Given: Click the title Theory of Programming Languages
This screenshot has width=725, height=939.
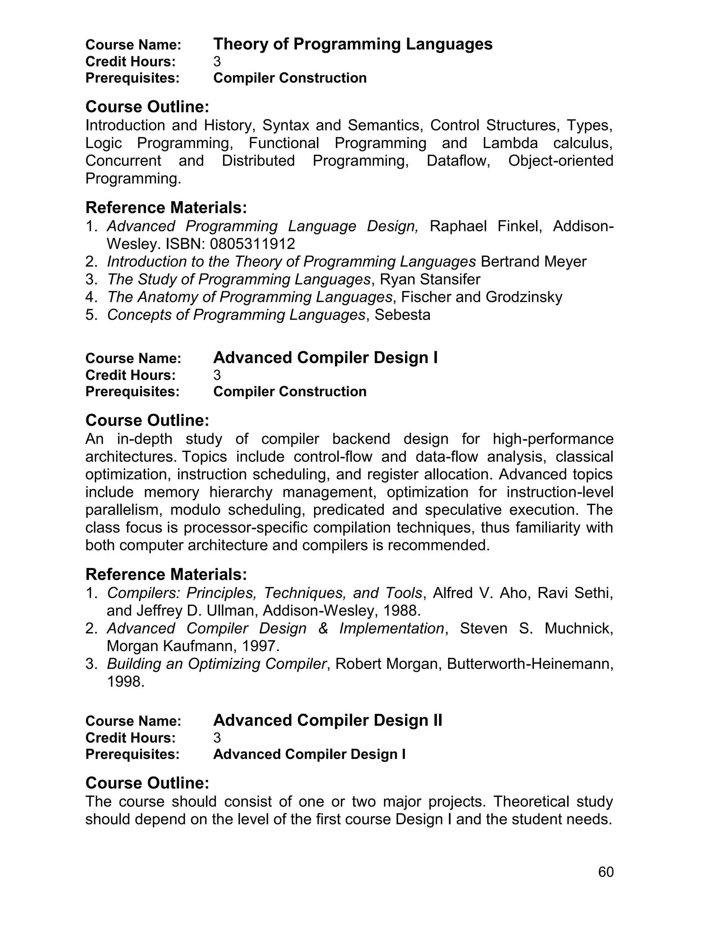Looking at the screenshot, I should coord(353,44).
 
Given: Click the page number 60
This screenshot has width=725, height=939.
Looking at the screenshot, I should coord(606,872).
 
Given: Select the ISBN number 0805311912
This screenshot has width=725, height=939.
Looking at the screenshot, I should coord(252,244).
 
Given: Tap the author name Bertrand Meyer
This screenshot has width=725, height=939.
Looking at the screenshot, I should coord(533,262).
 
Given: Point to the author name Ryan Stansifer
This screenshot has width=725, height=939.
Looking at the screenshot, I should coord(430,280).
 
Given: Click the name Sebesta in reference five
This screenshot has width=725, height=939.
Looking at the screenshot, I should coord(402,315).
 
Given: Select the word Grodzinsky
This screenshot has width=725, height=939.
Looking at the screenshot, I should coord(524,297).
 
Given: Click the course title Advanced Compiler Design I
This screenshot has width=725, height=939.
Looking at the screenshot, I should coord(325,358).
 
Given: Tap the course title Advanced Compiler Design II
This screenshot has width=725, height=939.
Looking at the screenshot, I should coord(327,720).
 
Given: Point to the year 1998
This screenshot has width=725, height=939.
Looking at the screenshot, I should coord(125,681).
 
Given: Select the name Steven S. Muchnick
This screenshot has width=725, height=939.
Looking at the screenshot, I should coord(536,628).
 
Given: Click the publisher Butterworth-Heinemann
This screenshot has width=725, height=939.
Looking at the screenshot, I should coord(530,664).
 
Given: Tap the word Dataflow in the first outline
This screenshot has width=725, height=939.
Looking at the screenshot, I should coord(458,161).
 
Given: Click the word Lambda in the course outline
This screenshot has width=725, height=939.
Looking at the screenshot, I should coord(510,143).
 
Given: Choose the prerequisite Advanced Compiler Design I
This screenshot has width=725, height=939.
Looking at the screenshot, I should coord(309,754).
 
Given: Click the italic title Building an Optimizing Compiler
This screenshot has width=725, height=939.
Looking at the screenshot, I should coord(216,664).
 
